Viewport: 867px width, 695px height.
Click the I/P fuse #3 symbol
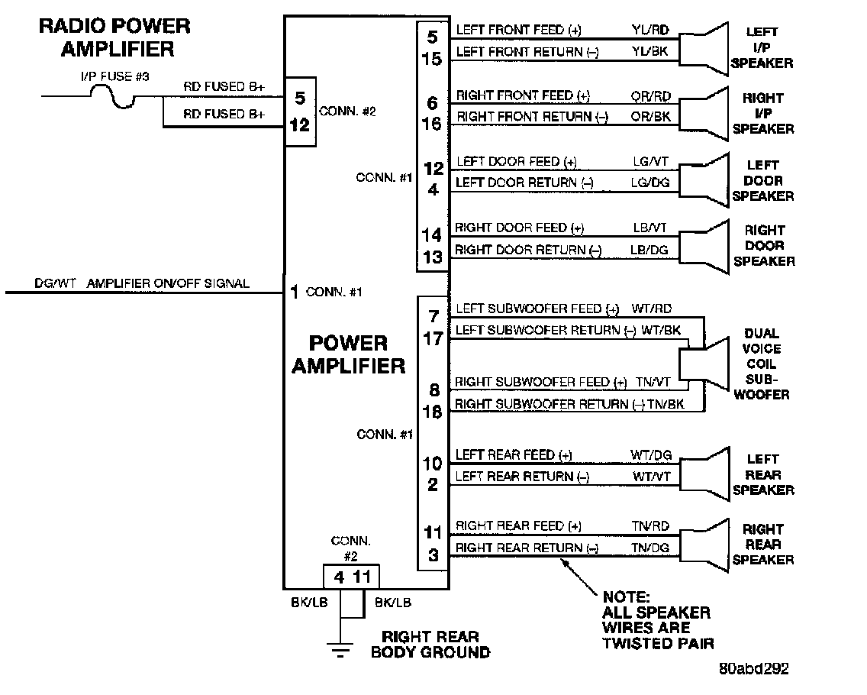pyautogui.click(x=113, y=96)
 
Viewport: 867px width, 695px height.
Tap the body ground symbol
pyautogui.click(x=340, y=649)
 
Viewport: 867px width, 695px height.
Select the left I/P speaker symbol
pyautogui.click(x=704, y=49)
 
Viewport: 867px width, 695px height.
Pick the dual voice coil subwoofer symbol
pyautogui.click(x=704, y=364)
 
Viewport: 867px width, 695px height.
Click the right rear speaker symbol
pyautogui.click(x=704, y=545)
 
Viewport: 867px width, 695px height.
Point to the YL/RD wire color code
pyautogui.click(x=650, y=30)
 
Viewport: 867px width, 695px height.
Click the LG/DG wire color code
pyautogui.click(x=650, y=183)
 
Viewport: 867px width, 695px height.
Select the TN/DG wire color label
pyautogui.click(x=650, y=548)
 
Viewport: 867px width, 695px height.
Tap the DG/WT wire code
pyautogui.click(x=55, y=283)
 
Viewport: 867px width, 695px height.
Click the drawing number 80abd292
pyautogui.click(x=753, y=668)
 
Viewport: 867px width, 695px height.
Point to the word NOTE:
pyautogui.click(x=626, y=597)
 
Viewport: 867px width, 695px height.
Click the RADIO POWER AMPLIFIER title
pyautogui.click(x=115, y=37)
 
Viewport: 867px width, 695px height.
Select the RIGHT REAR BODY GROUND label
pyautogui.click(x=430, y=645)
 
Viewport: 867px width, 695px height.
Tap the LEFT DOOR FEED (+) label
pyautogui.click(x=517, y=162)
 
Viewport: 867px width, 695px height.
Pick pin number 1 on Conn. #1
pyautogui.click(x=295, y=292)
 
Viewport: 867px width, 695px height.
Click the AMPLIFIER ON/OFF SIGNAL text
pyautogui.click(x=168, y=283)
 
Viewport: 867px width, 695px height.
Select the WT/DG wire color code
pyautogui.click(x=651, y=455)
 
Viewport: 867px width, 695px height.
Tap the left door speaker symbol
pyautogui.click(x=704, y=181)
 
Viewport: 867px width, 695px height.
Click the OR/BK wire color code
pyautogui.click(x=651, y=117)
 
